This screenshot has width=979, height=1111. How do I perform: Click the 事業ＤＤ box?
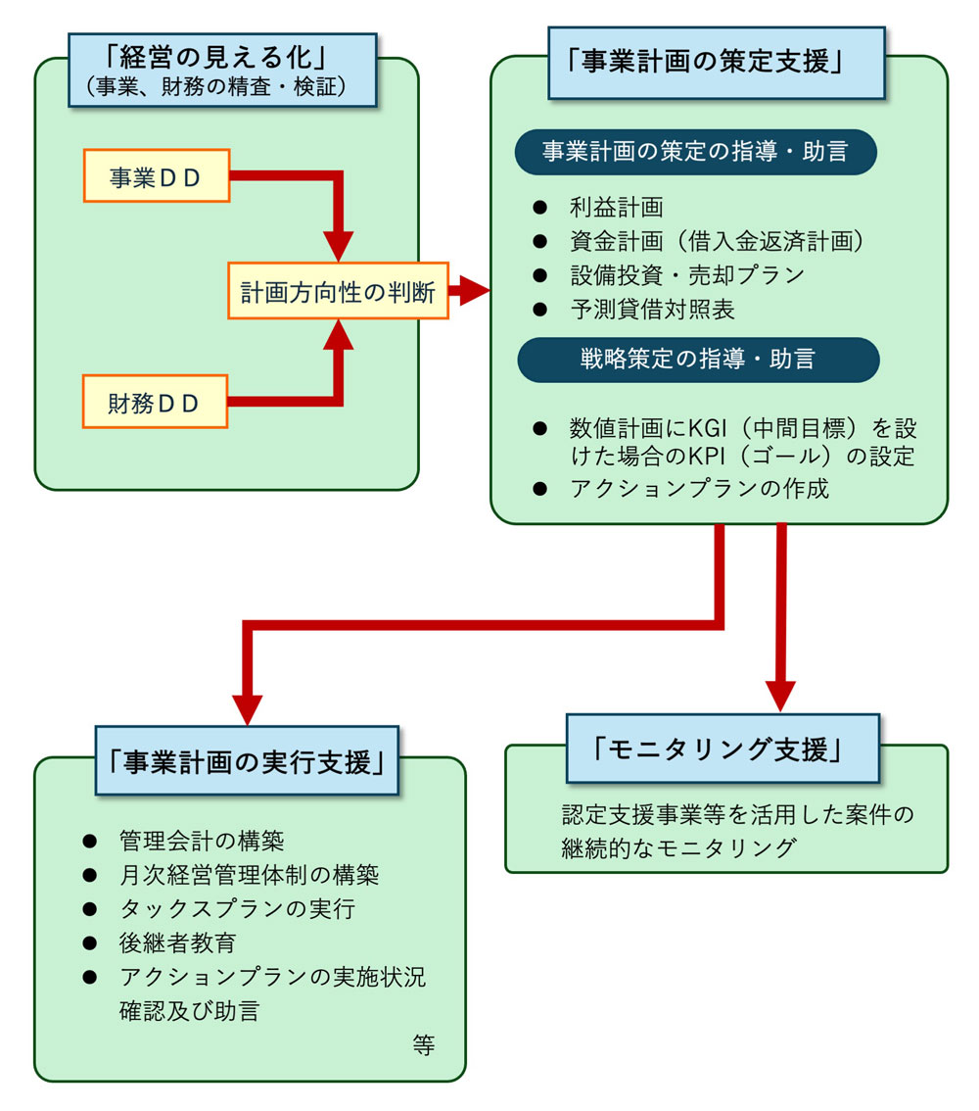point(157,175)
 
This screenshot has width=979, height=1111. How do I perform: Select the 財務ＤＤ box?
point(156,402)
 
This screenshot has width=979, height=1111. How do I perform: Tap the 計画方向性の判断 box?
point(338,291)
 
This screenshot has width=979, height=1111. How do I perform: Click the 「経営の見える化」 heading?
point(222,56)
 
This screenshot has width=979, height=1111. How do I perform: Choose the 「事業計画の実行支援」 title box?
point(247,761)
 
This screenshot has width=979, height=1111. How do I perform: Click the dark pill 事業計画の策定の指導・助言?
point(695,152)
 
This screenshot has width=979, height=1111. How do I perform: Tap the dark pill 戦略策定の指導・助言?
point(697,360)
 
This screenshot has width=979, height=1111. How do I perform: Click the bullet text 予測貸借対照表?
point(652,310)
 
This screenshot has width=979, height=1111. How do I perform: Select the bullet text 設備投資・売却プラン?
point(686,275)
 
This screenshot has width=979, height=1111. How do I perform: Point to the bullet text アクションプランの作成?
point(699,488)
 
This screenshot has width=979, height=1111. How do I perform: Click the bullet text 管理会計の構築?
point(202,841)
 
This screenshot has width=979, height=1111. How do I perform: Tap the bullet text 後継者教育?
point(177,942)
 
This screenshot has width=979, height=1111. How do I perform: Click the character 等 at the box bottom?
point(423,1044)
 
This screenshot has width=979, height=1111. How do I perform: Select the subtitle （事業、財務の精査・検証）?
point(222,86)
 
